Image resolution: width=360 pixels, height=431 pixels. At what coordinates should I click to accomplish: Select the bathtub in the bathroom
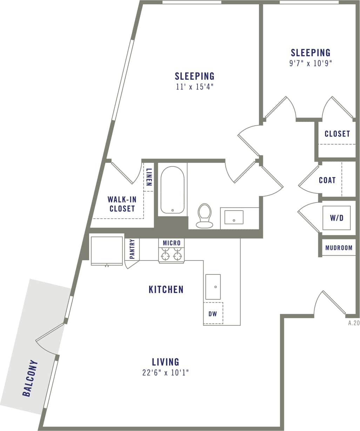(172, 190)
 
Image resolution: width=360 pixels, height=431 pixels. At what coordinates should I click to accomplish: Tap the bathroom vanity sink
(234, 217)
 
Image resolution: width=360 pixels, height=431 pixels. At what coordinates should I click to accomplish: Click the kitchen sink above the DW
(213, 287)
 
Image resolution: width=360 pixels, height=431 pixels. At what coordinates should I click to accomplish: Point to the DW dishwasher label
(213, 314)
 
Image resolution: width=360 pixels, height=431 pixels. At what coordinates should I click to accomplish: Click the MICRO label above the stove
(172, 243)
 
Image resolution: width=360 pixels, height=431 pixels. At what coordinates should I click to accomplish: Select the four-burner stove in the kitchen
(172, 255)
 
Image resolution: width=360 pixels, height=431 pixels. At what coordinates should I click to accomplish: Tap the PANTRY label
(132, 249)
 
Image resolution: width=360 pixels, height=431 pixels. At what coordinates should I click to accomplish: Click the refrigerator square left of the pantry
(107, 250)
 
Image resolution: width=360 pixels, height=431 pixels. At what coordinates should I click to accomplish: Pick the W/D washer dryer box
(336, 218)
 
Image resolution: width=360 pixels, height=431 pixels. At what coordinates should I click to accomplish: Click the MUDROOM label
(339, 248)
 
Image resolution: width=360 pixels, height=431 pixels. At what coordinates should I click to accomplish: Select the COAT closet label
(327, 180)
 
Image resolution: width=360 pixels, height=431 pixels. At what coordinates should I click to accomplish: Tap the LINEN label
(149, 177)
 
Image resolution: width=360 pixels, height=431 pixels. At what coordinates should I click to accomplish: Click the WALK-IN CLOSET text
(122, 204)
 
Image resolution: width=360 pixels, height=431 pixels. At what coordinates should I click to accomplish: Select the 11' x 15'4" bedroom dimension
(195, 87)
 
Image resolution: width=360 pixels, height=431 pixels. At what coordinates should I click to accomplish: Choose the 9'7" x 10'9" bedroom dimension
(311, 64)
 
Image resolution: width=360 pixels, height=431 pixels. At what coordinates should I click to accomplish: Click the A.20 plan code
(354, 323)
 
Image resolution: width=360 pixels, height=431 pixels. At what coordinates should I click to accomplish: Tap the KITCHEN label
(166, 290)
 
